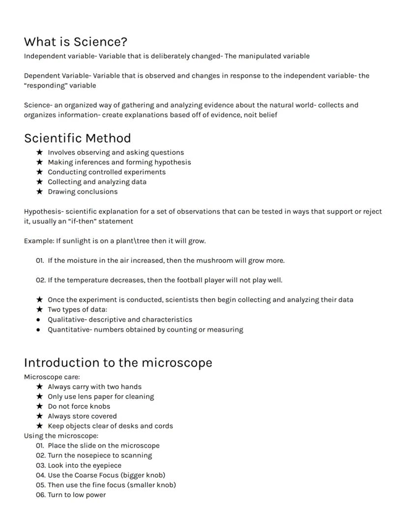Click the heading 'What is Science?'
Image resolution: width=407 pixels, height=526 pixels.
coord(76,42)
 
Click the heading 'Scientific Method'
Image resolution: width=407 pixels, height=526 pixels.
coord(77,138)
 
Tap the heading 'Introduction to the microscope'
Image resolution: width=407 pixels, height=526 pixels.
coord(118,362)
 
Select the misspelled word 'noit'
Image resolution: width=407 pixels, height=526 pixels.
coord(250,115)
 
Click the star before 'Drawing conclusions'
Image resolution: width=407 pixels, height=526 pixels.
coord(39,192)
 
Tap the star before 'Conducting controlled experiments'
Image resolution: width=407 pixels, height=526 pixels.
coord(39,172)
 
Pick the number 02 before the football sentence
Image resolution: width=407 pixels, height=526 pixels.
coord(40,280)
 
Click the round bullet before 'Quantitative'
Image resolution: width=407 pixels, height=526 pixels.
coord(38,330)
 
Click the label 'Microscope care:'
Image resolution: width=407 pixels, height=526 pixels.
coord(52,377)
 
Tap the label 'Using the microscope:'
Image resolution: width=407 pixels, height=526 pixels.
coord(61,436)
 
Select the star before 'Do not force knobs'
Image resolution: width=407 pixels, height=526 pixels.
coord(39,406)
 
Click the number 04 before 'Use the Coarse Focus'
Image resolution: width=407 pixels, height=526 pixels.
coord(40,475)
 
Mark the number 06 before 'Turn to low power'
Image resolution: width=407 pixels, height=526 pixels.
coord(40,495)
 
